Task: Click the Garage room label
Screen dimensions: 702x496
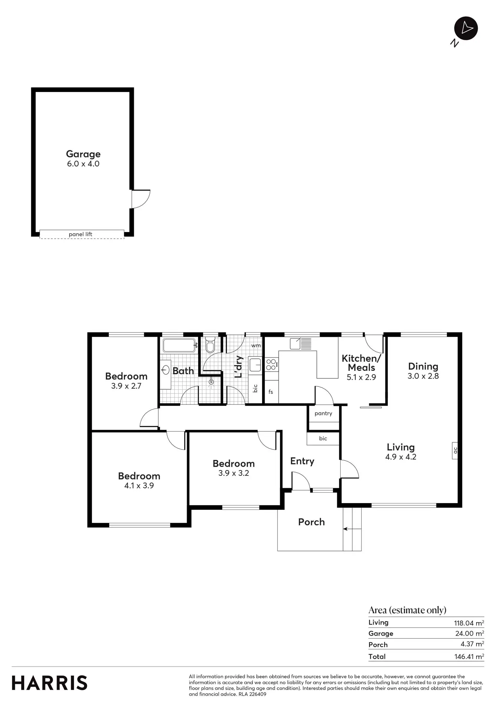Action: click(x=83, y=154)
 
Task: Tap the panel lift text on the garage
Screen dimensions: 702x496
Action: click(x=80, y=234)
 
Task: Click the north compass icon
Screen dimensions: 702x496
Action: click(x=466, y=28)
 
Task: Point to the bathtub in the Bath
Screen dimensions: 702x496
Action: click(x=179, y=346)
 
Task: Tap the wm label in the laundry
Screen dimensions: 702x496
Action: click(x=256, y=346)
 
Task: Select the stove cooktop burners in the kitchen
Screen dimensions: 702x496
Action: click(x=271, y=364)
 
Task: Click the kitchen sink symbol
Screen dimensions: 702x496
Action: click(x=295, y=344)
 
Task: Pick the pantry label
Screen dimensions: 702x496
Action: click(x=323, y=413)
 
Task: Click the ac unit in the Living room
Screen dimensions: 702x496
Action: click(x=455, y=450)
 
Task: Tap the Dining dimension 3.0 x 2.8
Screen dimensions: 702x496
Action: click(x=423, y=376)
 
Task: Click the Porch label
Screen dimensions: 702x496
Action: click(x=311, y=522)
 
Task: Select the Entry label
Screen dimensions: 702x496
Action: click(x=302, y=461)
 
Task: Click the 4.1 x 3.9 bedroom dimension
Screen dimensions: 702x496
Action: click(x=139, y=486)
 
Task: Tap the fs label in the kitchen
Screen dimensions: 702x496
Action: click(x=271, y=392)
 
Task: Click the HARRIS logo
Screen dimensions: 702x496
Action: click(x=50, y=683)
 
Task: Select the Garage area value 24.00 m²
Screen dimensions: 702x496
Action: click(x=469, y=634)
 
